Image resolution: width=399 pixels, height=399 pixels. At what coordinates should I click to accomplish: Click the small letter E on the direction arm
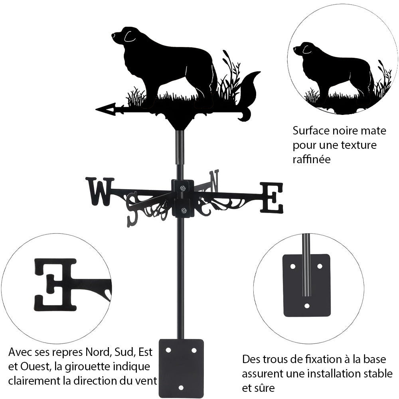click(x=272, y=197)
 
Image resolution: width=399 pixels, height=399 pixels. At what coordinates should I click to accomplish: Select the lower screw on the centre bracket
click(x=183, y=211)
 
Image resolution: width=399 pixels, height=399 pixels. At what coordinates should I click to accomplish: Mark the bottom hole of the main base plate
click(x=181, y=387)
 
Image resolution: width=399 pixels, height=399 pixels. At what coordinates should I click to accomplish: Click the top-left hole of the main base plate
click(x=168, y=350)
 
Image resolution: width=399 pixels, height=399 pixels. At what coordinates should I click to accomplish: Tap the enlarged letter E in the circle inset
click(x=55, y=284)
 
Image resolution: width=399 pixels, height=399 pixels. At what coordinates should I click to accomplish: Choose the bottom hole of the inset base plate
click(x=307, y=306)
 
